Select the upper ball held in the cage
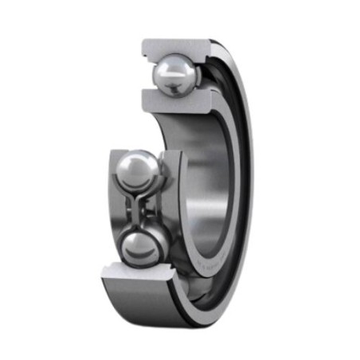click(138, 170)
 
